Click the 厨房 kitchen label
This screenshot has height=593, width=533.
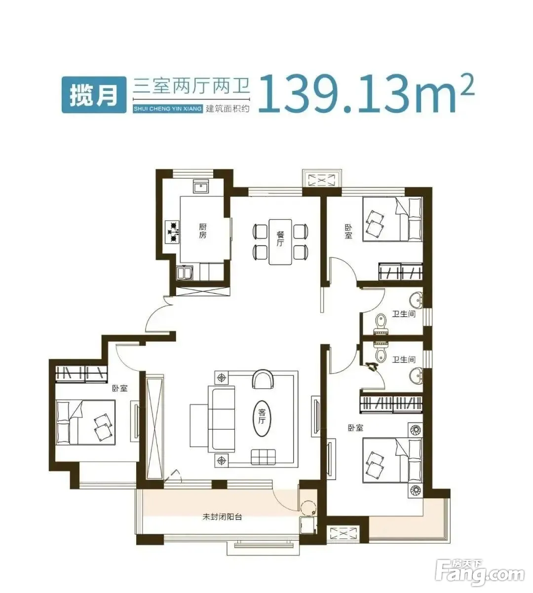pos(202,231)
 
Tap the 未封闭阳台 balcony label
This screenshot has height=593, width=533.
pos(222,517)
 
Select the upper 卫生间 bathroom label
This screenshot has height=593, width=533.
pos(404,314)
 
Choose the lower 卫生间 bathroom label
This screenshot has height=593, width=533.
pos(404,360)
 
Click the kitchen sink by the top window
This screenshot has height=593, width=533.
pos(201,188)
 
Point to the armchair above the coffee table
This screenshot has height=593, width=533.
pos(262,380)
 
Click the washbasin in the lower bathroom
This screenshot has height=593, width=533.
pos(417,377)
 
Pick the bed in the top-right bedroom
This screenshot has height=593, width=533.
pos(392,219)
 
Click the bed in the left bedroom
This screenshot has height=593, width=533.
pos(86,422)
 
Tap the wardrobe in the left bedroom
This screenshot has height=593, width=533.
pos(81,374)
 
